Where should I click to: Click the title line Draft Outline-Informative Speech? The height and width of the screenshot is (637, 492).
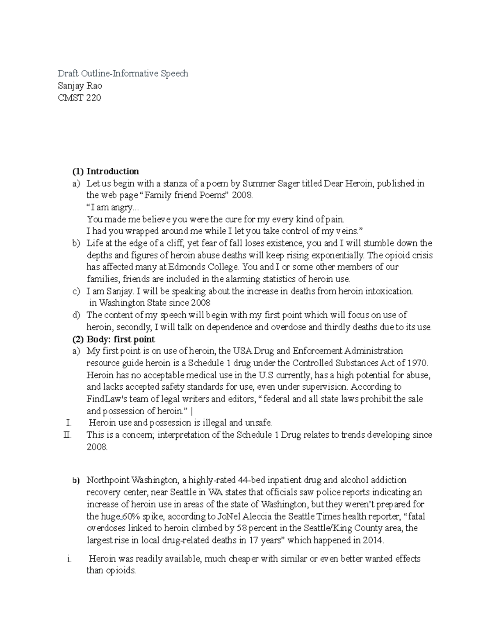click(x=123, y=74)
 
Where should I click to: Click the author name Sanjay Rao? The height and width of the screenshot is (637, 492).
click(x=80, y=86)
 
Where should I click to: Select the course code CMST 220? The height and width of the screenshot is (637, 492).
click(x=79, y=98)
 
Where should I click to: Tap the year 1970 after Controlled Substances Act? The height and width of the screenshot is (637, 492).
click(x=418, y=363)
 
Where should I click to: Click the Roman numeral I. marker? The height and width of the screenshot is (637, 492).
click(x=68, y=423)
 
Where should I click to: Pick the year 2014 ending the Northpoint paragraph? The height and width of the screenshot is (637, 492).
click(x=373, y=540)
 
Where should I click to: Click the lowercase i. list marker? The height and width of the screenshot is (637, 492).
click(x=68, y=559)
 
